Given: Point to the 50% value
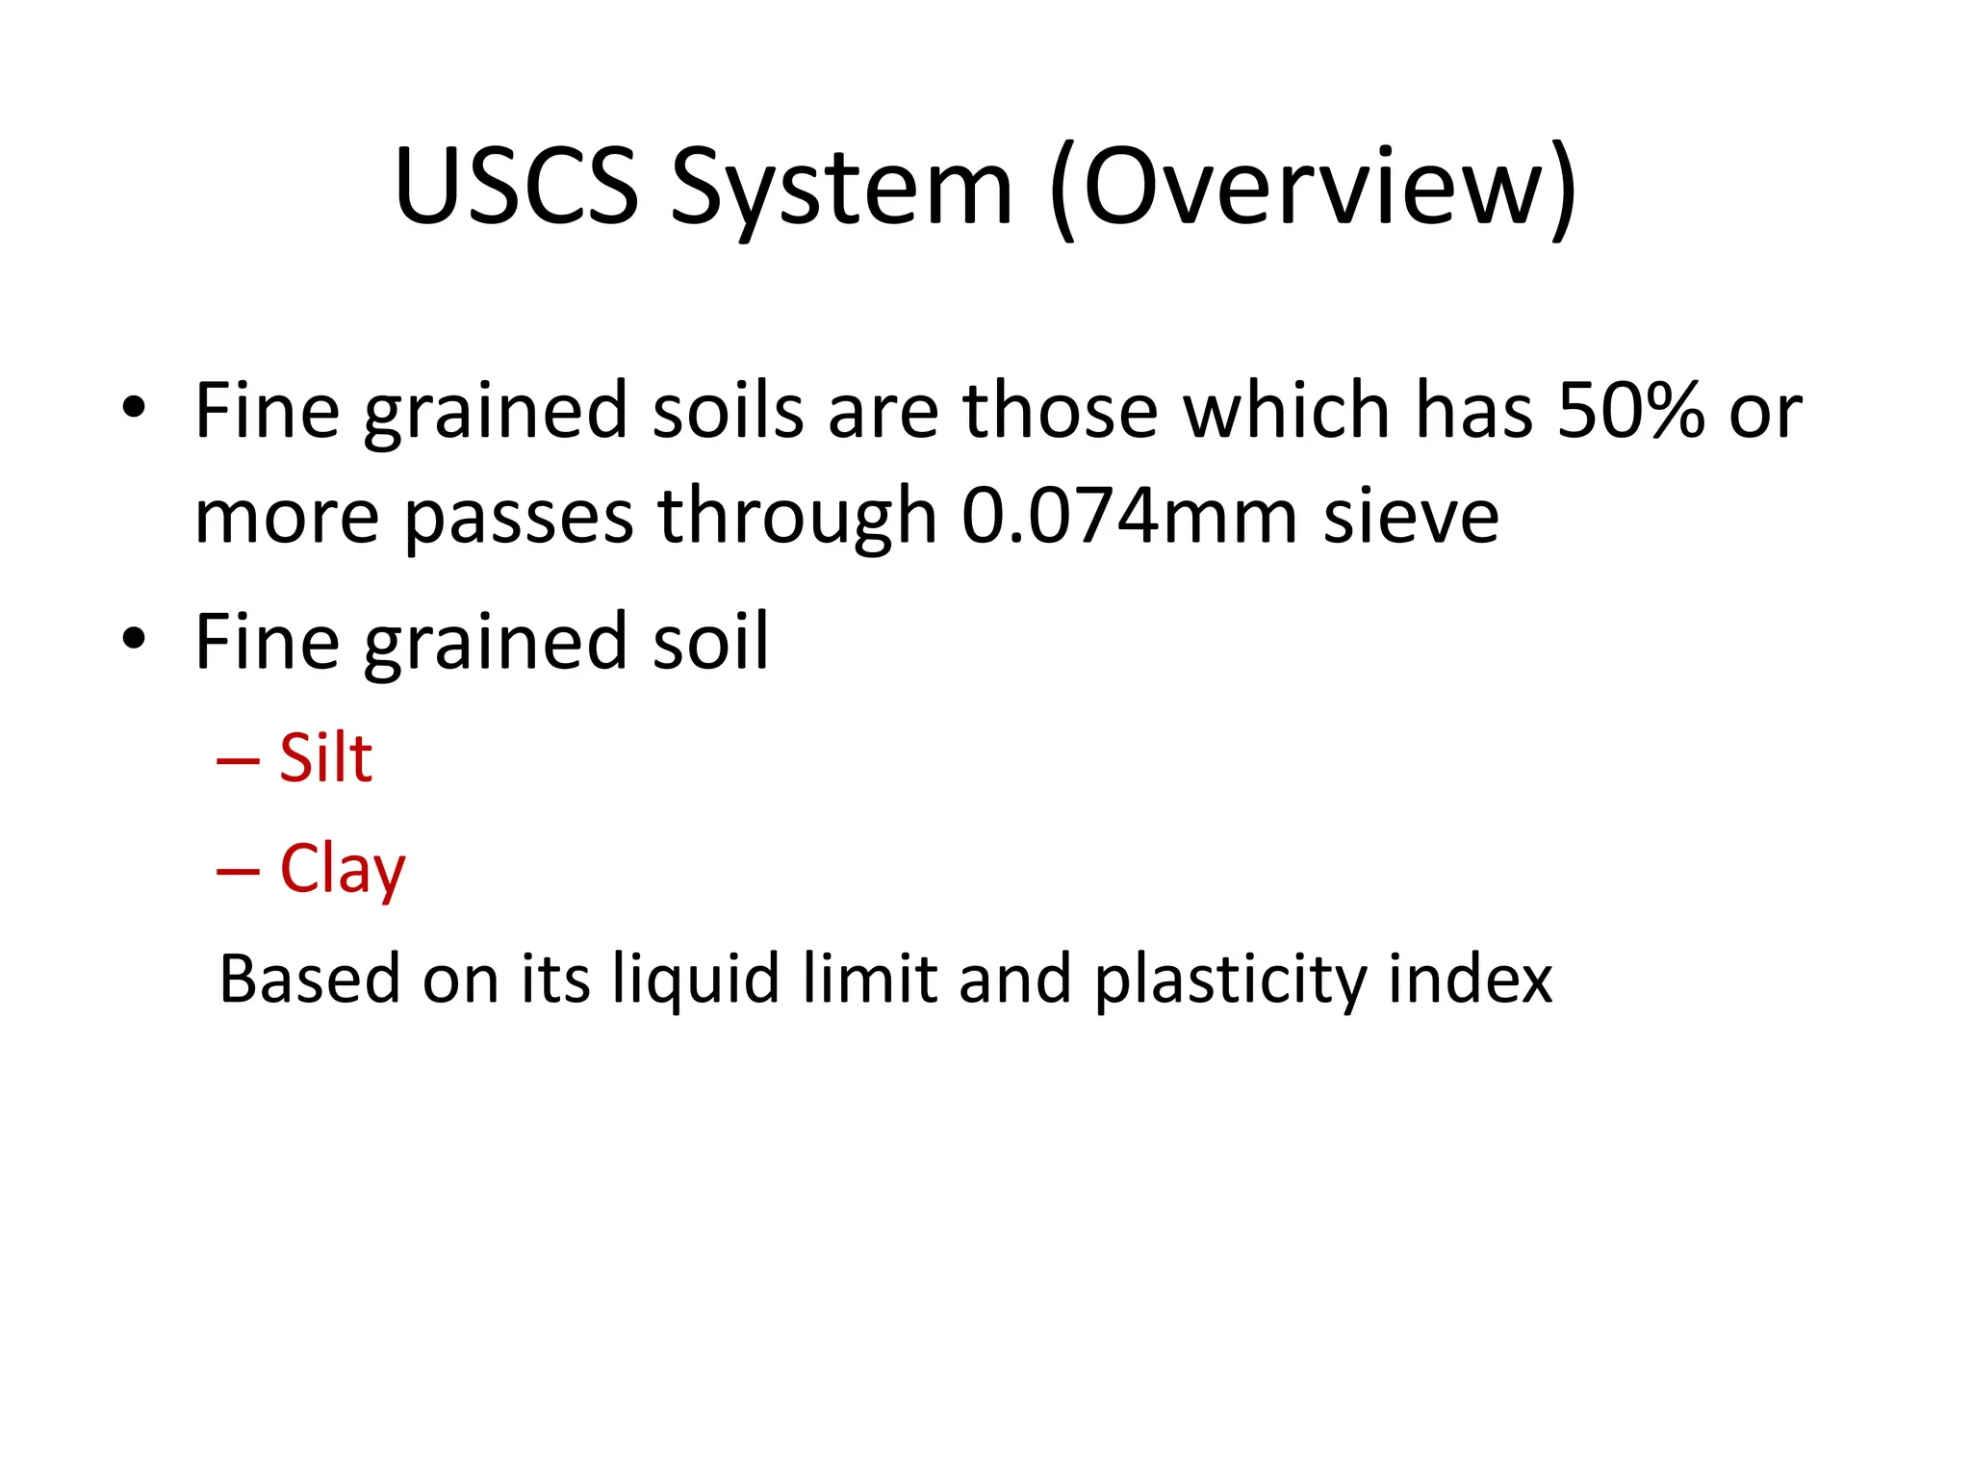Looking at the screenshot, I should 1630,411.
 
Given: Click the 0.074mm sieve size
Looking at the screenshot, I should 1129,516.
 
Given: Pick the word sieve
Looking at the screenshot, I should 1411,516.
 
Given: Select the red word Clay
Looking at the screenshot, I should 342,869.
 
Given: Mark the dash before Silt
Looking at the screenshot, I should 238,761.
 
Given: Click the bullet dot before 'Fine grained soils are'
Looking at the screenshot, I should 133,408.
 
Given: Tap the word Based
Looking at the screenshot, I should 309,980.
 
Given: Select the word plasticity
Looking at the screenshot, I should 1229,980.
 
